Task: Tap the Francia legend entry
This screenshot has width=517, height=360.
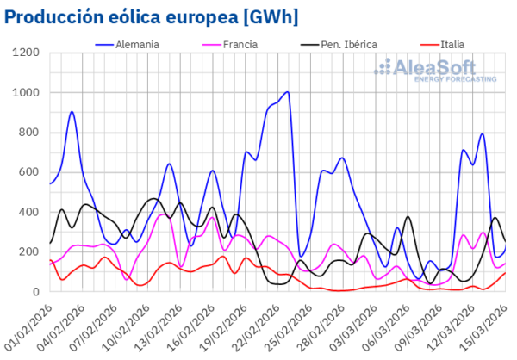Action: (237, 42)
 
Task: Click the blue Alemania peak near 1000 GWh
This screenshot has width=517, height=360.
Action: (287, 92)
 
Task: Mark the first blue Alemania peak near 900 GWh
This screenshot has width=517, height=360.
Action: (72, 112)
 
